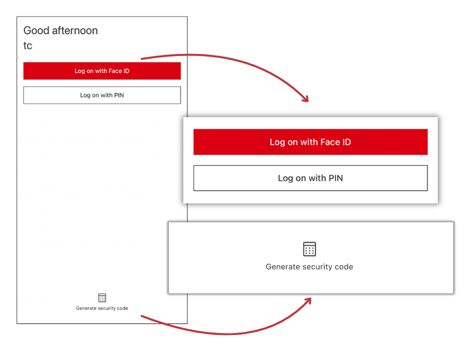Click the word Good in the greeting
coord(36,30)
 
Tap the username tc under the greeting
coord(28,45)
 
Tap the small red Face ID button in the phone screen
coord(102,71)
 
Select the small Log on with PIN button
coord(102,95)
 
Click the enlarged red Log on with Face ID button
coord(310,142)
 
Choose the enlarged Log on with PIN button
coord(310,178)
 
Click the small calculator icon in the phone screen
coord(102,297)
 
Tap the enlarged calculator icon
coord(309,249)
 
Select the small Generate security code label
coord(102,308)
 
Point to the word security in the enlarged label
coord(319,267)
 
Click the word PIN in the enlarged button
coord(335,178)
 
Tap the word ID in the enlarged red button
coord(345,142)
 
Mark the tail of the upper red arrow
coord(142,59)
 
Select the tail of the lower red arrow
coord(142,316)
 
